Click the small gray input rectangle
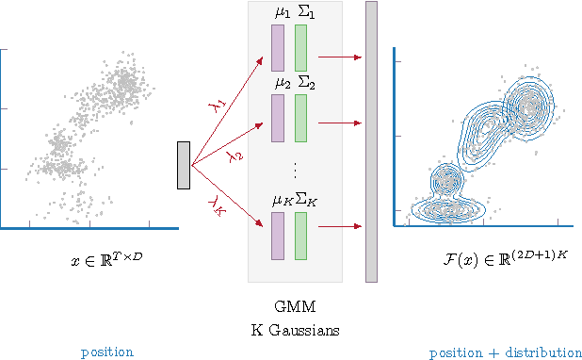tap(184, 165)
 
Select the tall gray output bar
tap(371, 141)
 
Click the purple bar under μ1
tap(277, 47)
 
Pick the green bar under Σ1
tap(300, 47)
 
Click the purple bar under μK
tap(277, 236)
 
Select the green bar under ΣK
tap(300, 236)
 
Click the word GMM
tap(294, 307)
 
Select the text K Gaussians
tap(294, 330)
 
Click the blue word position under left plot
tap(106, 352)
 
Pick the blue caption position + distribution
tap(505, 352)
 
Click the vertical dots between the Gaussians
tap(294, 171)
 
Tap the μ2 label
tap(281, 83)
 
